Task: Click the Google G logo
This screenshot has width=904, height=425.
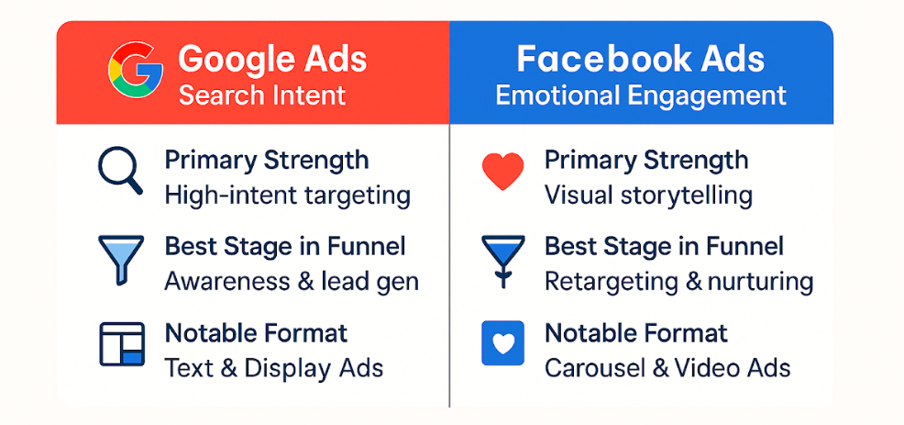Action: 136,69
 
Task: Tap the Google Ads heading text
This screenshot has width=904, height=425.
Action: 272,59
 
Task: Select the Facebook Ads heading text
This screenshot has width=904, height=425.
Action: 641,58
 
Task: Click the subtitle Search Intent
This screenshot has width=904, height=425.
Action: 261,95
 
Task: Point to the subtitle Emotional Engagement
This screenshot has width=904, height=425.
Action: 641,95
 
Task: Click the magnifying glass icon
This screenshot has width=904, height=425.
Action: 120,171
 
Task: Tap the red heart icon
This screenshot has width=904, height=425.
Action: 502,172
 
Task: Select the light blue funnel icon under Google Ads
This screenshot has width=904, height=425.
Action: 120,260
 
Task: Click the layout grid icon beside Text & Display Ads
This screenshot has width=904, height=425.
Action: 121,344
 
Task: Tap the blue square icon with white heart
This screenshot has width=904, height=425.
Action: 502,343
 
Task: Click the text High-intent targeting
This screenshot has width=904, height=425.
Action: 287,196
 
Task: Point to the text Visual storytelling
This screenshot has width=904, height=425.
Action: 648,196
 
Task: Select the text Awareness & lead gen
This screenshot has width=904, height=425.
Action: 292,283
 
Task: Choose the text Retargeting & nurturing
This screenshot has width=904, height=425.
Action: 678,283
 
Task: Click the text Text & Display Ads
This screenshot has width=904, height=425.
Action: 274,368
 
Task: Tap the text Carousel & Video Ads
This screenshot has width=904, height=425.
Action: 667,368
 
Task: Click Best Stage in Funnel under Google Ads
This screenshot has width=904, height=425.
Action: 285,247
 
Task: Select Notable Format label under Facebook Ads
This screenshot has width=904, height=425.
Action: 636,333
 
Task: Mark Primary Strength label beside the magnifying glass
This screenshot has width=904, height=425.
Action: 267,161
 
